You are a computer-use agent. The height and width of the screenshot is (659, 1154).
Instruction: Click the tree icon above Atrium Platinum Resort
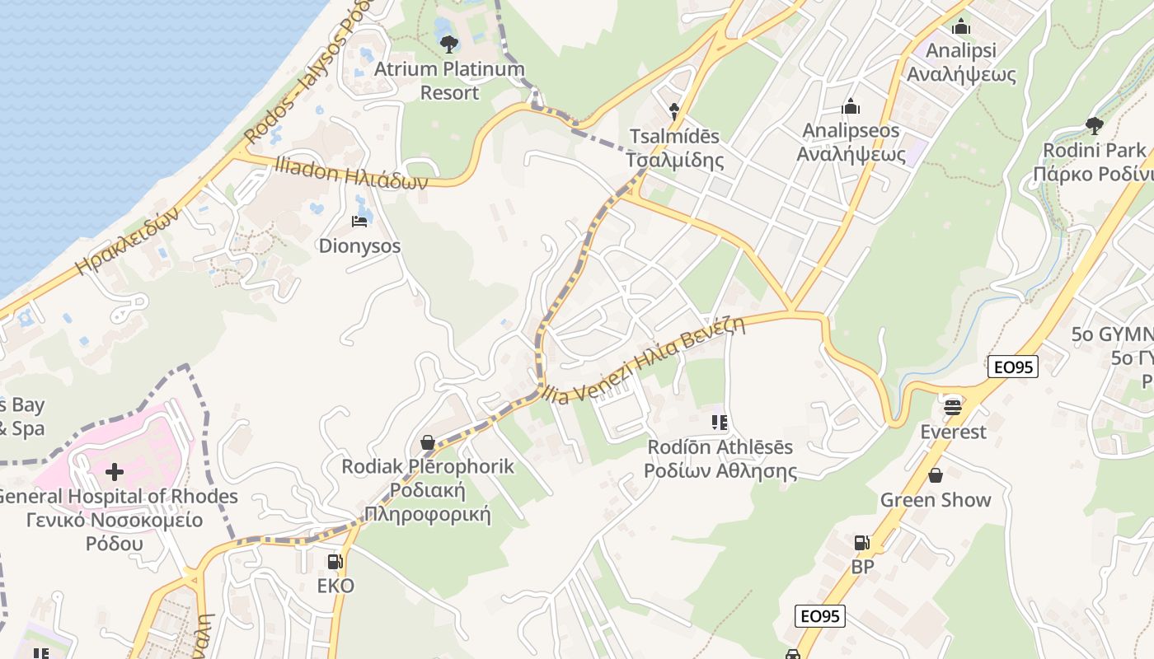[x=448, y=43]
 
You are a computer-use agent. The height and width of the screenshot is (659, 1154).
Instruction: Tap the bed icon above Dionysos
[x=359, y=222]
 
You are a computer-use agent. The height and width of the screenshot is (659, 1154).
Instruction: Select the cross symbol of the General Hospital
[x=115, y=472]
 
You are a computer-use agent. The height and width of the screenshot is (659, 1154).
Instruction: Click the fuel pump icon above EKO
[x=335, y=562]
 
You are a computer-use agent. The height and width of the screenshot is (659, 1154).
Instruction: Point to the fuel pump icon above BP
[x=861, y=543]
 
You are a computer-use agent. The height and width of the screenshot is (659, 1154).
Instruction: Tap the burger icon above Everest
[x=953, y=407]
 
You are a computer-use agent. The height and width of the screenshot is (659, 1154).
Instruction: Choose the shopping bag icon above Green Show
[x=936, y=475]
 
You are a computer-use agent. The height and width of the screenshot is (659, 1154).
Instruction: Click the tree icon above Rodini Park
[x=1094, y=125]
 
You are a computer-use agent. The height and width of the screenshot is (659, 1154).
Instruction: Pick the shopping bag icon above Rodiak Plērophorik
[x=427, y=442]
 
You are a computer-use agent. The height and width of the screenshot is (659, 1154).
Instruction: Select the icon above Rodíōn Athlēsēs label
[x=720, y=423]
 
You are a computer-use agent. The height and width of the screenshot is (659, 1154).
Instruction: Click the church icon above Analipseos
[x=851, y=106]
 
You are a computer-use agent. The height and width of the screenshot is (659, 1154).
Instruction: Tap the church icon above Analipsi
[x=960, y=26]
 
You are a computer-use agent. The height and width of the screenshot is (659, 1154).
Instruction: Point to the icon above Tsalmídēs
[x=673, y=110]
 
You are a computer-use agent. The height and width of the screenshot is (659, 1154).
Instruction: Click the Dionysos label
[x=359, y=245]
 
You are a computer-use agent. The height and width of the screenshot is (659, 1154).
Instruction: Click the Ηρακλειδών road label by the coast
[x=127, y=241]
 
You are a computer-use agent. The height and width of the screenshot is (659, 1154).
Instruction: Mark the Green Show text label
[x=936, y=500]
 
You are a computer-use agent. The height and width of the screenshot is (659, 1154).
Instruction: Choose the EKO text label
[x=335, y=586]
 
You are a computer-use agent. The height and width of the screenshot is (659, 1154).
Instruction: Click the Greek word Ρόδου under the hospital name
[x=114, y=544]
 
